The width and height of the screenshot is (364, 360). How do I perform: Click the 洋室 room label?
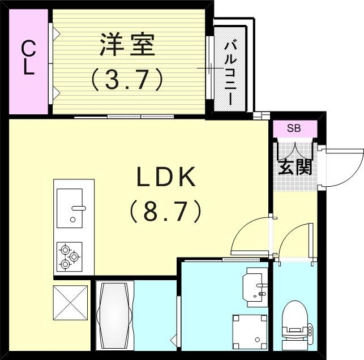(128, 46)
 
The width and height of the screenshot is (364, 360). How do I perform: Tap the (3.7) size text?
(128, 80)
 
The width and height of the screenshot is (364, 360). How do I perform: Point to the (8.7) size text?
(165, 212)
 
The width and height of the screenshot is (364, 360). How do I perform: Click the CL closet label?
(28, 59)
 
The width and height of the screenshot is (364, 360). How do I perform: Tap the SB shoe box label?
(294, 128)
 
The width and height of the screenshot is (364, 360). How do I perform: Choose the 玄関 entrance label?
(295, 167)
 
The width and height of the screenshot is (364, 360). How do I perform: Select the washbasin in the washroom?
(255, 286)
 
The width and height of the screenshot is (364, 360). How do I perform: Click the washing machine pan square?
(250, 332)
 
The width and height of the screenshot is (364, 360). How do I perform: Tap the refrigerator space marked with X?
(70, 303)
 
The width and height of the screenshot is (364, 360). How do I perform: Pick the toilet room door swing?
(295, 241)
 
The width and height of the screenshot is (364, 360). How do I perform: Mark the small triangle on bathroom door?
(174, 340)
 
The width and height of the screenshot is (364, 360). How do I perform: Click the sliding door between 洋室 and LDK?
(125, 117)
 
